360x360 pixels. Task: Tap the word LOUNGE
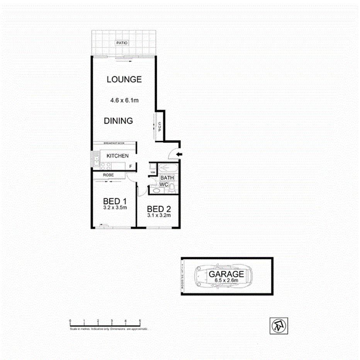(124, 80)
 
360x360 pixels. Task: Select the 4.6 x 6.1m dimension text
(124, 100)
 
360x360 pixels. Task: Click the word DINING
(118, 121)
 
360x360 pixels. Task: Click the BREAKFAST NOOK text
(111, 143)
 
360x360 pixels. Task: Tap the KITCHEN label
(117, 156)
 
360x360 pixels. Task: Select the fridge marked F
(131, 166)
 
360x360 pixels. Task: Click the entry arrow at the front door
(178, 155)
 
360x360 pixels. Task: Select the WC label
(164, 185)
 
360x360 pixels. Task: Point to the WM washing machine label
(153, 173)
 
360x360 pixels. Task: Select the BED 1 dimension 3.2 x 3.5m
(115, 207)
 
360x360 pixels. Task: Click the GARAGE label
(226, 274)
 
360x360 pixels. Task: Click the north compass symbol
(277, 325)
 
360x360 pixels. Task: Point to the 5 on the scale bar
(139, 321)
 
